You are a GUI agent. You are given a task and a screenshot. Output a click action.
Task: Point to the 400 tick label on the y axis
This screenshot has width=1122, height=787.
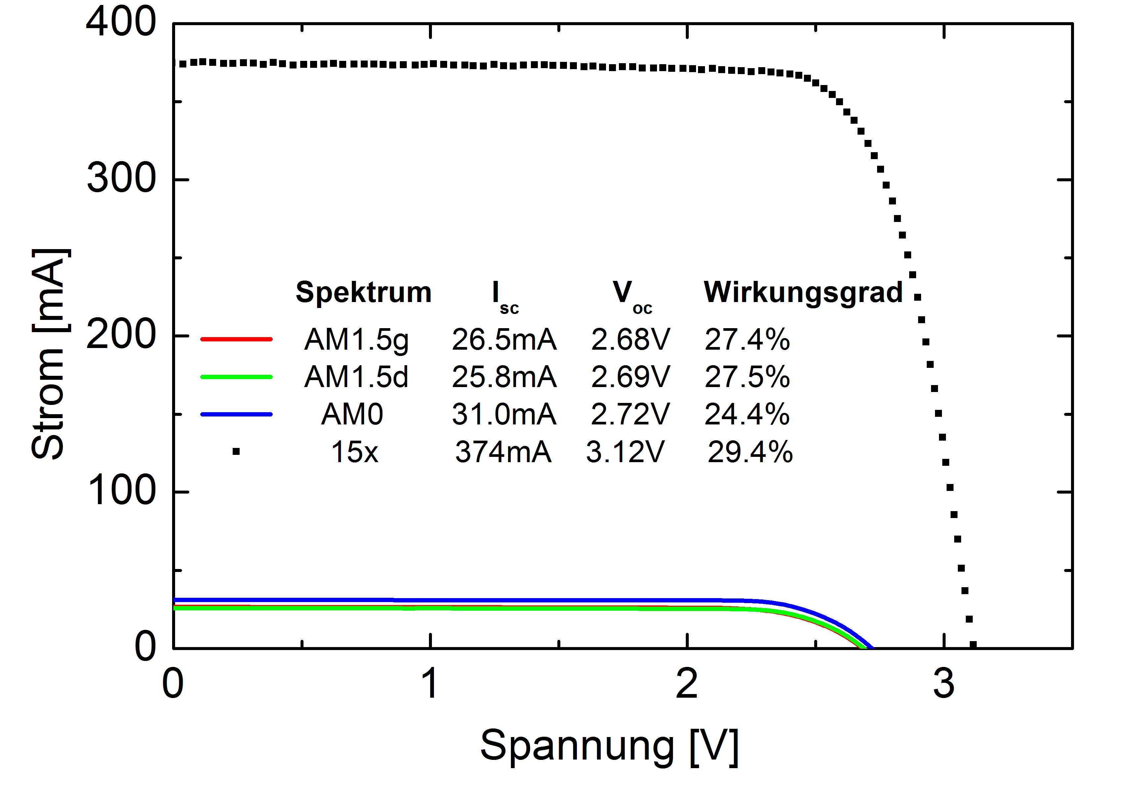coord(121,22)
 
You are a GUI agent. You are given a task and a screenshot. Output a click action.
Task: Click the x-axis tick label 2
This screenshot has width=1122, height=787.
coord(687,684)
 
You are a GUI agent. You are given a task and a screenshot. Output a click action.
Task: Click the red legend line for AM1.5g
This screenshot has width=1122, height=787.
coord(237,338)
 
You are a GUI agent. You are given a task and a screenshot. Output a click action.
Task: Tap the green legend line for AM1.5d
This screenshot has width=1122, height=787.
coord(237,377)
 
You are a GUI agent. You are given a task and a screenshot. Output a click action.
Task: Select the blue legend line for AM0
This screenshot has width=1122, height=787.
coord(237,414)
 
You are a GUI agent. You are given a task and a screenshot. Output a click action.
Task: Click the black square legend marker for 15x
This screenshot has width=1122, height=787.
coord(236,451)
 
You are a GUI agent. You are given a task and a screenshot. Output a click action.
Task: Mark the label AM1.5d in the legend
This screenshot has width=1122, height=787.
coord(356,377)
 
